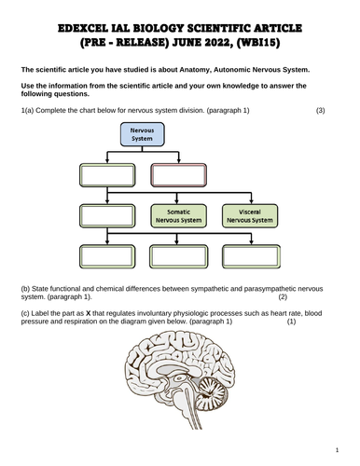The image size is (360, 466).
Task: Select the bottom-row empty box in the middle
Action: pyautogui.click(x=177, y=256)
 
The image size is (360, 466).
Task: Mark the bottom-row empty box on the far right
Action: pyautogui.click(x=248, y=256)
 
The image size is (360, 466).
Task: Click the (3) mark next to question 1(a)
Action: pyautogui.click(x=321, y=111)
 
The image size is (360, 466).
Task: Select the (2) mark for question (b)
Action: pyautogui.click(x=284, y=298)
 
